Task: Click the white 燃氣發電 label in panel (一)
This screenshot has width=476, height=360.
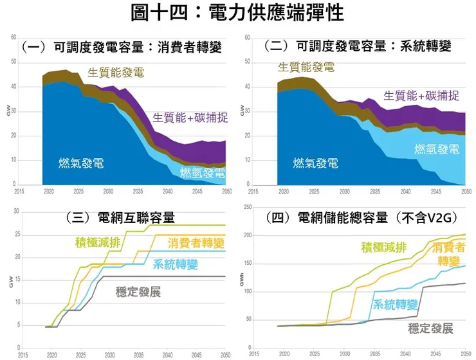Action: click(81, 163)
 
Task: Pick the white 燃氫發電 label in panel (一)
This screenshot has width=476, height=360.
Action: click(203, 172)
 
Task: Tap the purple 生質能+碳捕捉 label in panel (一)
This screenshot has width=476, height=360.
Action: click(190, 118)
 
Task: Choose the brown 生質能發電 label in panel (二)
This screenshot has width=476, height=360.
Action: click(306, 66)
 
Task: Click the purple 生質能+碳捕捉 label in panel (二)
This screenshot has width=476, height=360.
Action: click(421, 96)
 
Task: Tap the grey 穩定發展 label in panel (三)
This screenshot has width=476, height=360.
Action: click(138, 291)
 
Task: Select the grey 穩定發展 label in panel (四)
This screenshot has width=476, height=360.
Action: click(430, 328)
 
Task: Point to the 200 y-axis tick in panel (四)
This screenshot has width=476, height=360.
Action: click(247, 236)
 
